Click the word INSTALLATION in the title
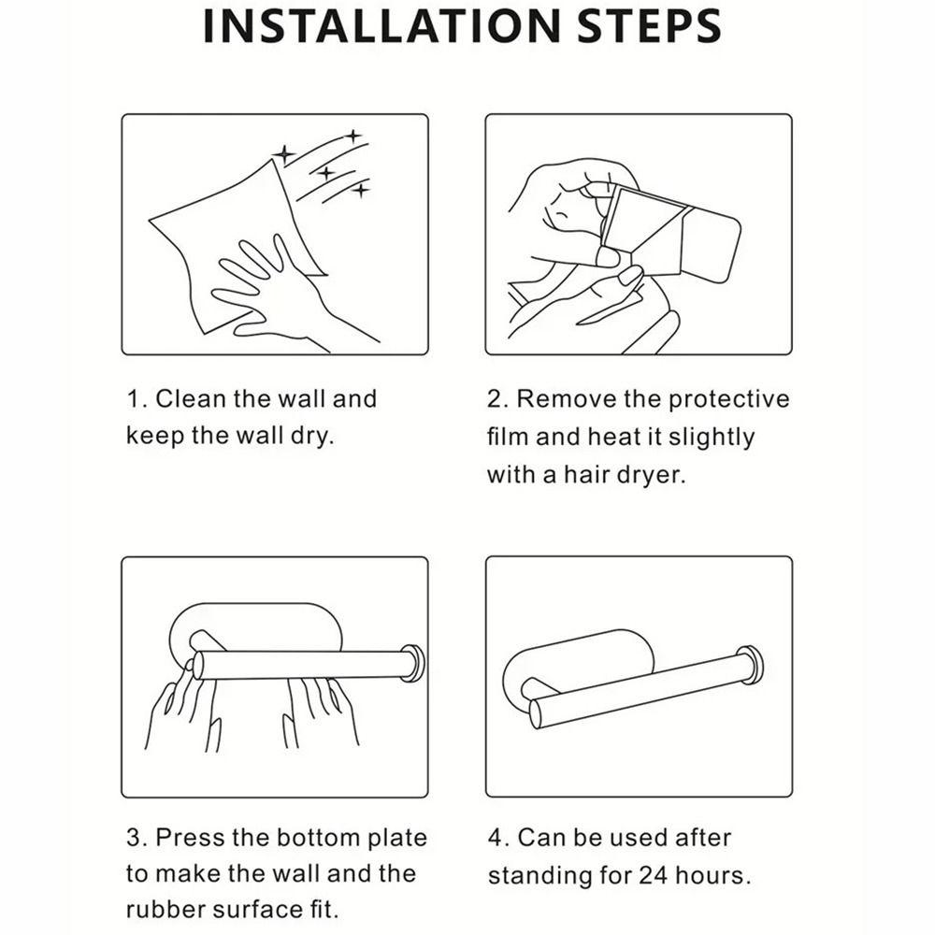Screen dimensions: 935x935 pos(381,25)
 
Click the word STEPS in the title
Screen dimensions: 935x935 pos(650,25)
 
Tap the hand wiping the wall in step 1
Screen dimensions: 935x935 pos(280,292)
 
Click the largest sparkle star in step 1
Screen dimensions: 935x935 pos(284,154)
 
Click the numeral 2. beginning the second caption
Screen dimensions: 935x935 pos(497,399)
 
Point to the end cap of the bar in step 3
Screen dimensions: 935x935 pos(413,663)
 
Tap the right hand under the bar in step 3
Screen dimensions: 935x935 pos(322,712)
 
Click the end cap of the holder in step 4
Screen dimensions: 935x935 pos(750,665)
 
